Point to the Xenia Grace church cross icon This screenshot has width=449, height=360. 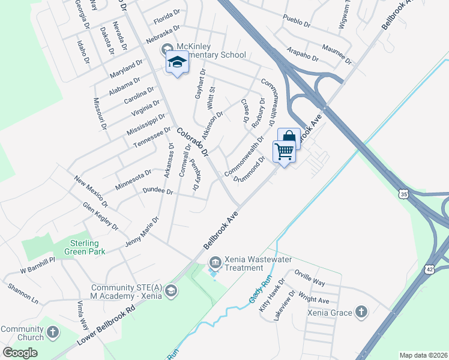coord(361,311)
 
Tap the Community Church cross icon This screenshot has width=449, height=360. coord(53,332)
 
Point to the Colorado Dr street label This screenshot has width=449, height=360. coord(192,142)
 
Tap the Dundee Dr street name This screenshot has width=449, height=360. coord(158,191)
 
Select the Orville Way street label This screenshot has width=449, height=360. coord(310,277)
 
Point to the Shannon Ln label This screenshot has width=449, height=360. coord(23,292)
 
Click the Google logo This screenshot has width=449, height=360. coord(20,353)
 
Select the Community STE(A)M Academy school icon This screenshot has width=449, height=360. coord(171,291)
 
